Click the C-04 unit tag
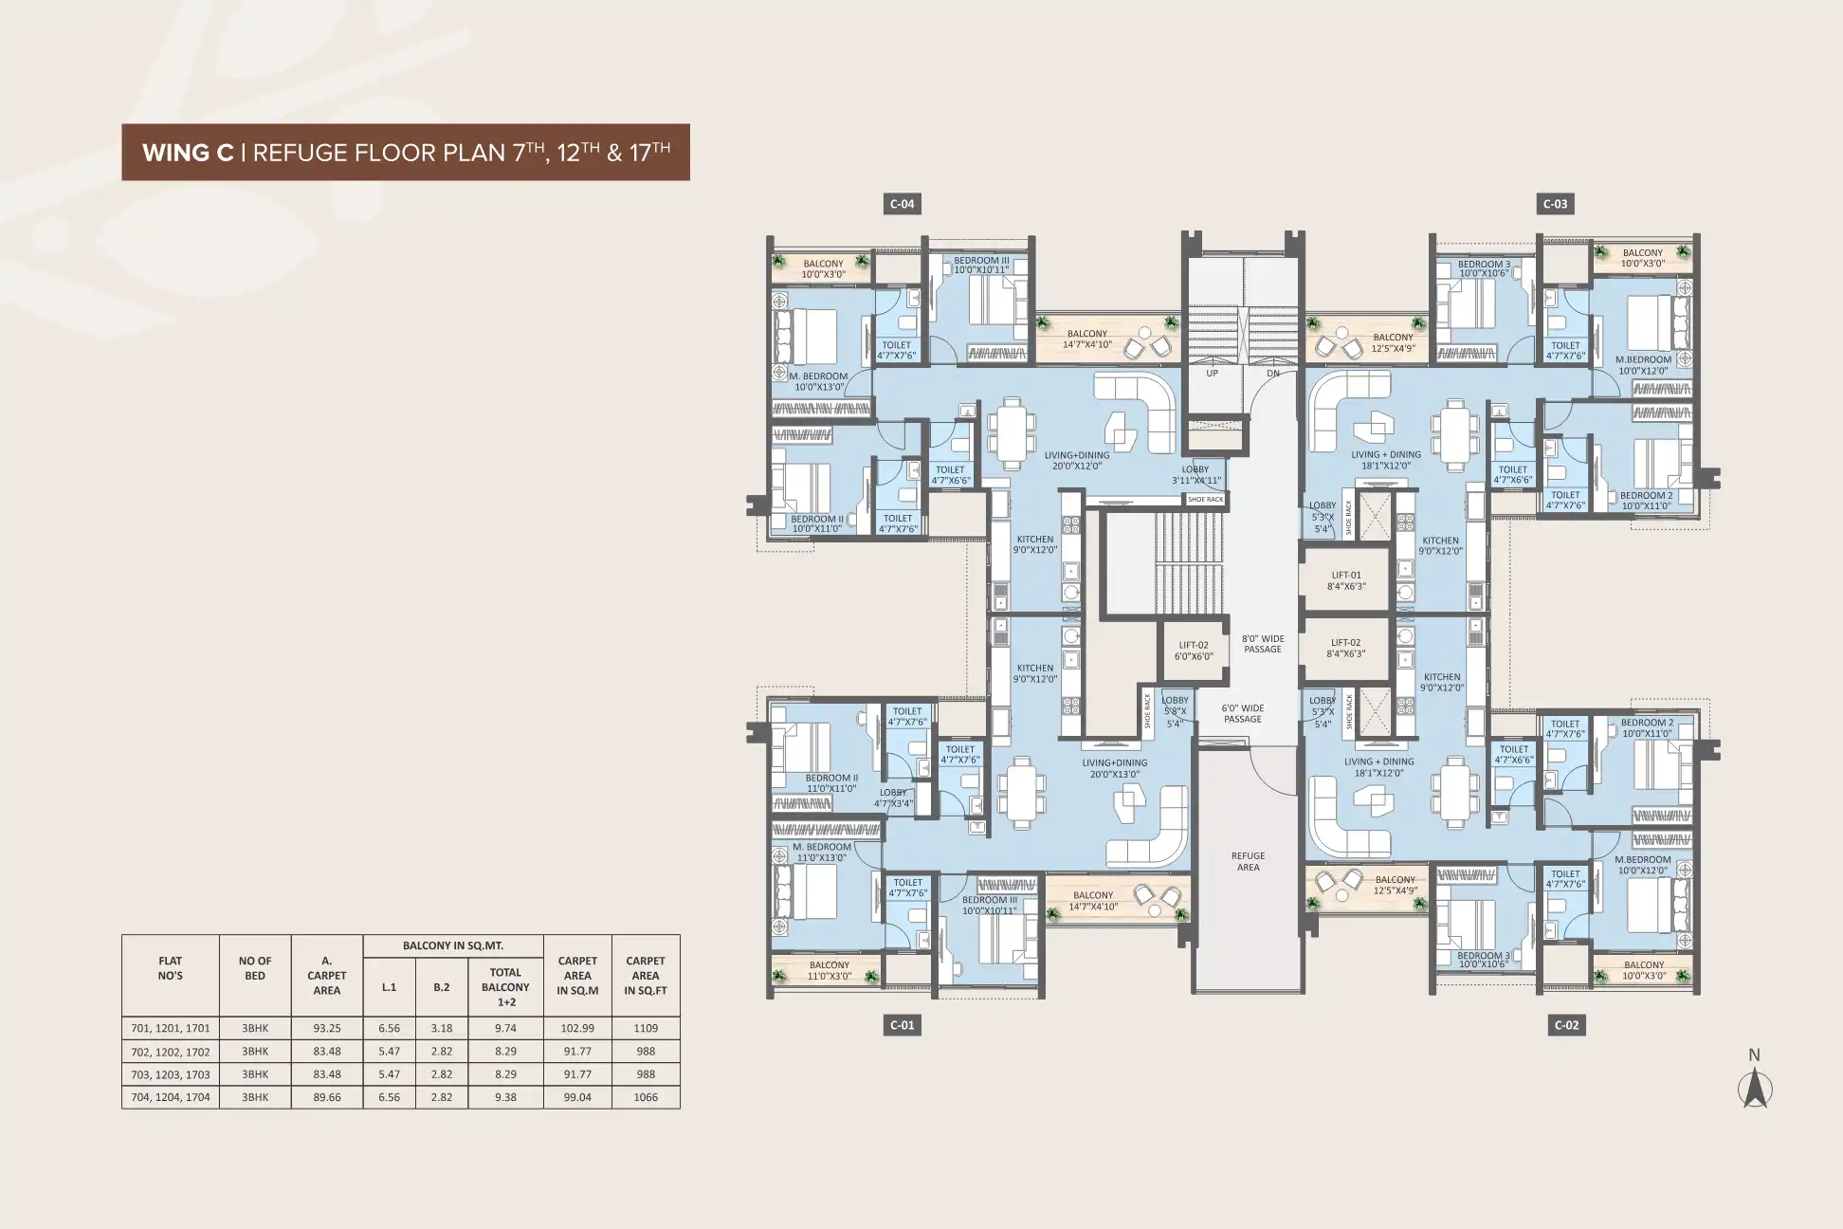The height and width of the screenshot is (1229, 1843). coord(901,204)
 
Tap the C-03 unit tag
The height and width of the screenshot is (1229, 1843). coord(1555,204)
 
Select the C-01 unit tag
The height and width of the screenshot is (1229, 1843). coord(902,1025)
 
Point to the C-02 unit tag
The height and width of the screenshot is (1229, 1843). coord(1566,1025)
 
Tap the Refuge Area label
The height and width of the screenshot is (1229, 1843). coord(1248,861)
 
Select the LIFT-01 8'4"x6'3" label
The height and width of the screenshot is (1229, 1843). coord(1345,580)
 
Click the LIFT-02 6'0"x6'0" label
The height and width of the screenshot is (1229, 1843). coord(1194,650)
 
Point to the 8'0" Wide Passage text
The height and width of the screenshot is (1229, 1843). coord(1263,644)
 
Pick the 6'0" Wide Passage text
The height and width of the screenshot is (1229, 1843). coord(1242,713)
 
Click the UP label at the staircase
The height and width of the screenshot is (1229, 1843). coord(1212,374)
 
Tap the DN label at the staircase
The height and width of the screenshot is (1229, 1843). coord(1273,374)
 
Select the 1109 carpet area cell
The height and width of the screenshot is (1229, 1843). coord(646,1028)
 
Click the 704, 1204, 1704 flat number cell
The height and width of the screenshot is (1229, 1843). coord(171,1097)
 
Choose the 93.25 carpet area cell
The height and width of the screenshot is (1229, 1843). coord(326,1028)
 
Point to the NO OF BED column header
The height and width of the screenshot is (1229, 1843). coord(255,968)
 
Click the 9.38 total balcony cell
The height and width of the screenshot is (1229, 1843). coord(505,1097)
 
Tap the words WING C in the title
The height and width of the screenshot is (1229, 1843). coord(188,153)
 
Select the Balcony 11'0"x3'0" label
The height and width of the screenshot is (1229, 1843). coord(830,970)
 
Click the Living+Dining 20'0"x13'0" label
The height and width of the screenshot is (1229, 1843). coord(1115,768)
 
